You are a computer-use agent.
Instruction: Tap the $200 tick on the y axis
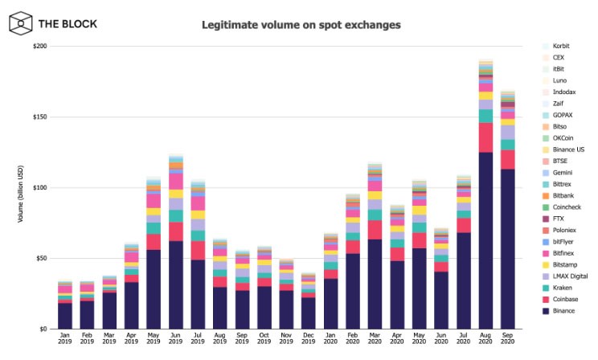(x=39, y=47)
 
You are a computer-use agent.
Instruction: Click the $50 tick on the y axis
(x=41, y=258)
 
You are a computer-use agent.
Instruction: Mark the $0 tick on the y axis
(x=43, y=329)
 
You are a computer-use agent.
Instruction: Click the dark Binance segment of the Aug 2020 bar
(x=485, y=240)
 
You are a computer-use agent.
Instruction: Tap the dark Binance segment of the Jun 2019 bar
(x=177, y=284)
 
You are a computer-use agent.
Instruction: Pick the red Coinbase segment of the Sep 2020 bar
(x=508, y=159)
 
